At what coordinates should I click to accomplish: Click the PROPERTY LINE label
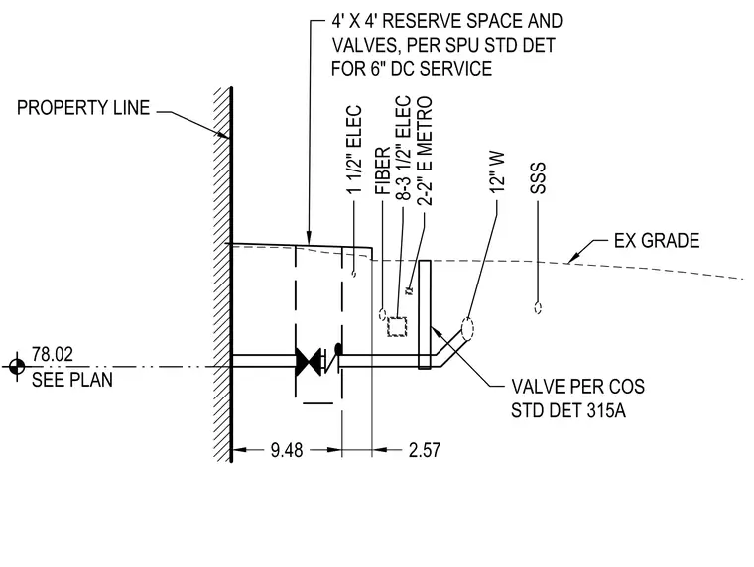point(83,108)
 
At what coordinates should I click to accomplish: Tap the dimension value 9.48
point(287,450)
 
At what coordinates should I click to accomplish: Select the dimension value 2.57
point(425,450)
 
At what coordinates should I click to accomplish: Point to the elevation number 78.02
point(53,354)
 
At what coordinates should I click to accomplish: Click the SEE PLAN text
point(72,380)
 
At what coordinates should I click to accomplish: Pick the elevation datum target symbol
point(17,367)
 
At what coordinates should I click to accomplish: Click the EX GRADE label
point(657,240)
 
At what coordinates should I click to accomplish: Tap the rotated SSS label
point(538,178)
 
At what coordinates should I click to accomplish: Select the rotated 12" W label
point(497,172)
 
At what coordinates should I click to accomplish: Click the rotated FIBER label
point(383,170)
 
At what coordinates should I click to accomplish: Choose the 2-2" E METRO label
point(425,152)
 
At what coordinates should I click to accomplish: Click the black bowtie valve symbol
point(309,362)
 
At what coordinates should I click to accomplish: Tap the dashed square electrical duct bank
point(397,327)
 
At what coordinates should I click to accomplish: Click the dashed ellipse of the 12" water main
point(467,329)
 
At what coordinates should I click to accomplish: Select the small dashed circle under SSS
point(538,308)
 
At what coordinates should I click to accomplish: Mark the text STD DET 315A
point(568,411)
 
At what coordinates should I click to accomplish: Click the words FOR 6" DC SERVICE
point(412,69)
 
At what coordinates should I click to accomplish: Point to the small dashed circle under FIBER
point(382,315)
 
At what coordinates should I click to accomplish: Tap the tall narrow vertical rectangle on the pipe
point(425,314)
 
